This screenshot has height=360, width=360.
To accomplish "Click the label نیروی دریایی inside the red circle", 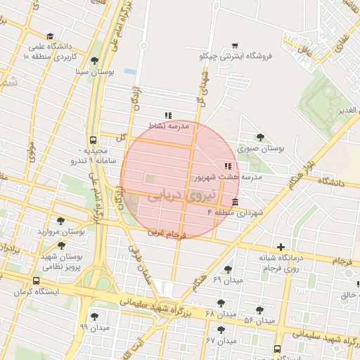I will [x=164, y=194].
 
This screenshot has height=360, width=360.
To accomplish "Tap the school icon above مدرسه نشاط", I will [x=167, y=115].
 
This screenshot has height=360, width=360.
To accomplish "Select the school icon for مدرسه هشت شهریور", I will [x=227, y=167].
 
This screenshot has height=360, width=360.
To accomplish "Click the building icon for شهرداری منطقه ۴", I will [x=234, y=202].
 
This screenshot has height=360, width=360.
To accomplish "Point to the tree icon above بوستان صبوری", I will [x=261, y=137].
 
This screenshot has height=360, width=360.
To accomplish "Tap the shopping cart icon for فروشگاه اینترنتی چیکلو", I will [x=235, y=44].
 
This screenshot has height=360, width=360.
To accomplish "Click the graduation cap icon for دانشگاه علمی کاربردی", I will [x=49, y=37].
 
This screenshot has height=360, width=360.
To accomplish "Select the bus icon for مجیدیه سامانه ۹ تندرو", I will [x=94, y=140].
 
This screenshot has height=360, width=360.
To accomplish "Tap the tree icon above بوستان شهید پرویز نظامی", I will [x=62, y=245].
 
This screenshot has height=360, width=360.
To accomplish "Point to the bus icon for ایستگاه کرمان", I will [x=37, y=281].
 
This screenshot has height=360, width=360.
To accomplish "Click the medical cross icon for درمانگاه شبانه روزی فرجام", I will [x=281, y=247].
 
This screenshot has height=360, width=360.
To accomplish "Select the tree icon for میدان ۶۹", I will [x=228, y=269].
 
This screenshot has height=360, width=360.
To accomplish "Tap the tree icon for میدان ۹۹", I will [x=95, y=316].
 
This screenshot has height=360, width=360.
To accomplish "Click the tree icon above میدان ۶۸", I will [x=221, y=302].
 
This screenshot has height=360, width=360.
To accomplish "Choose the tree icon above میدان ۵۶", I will [x=259, y=310].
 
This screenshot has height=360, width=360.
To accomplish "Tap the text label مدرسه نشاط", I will [x=167, y=126].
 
